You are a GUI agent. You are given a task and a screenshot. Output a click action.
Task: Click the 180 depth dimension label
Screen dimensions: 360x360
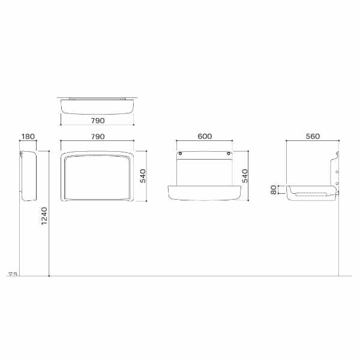tap(28, 137)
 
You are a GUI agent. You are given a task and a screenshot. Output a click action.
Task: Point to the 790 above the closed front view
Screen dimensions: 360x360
tap(97, 137)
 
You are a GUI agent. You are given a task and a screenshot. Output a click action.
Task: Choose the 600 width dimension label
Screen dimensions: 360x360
tap(204, 137)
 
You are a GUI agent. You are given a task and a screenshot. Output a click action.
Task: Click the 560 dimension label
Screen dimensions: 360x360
tap(312, 137)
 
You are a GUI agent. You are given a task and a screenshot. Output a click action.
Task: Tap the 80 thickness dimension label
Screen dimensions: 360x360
tap(274, 191)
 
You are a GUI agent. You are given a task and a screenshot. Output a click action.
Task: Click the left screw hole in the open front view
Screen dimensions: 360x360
tap(179, 155)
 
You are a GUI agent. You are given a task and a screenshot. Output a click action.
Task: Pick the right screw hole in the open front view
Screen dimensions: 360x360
tap(229, 155)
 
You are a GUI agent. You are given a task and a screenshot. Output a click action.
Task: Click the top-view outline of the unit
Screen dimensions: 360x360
tap(97, 106)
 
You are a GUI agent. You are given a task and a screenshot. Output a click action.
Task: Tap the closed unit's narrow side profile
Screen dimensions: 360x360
tap(28, 175)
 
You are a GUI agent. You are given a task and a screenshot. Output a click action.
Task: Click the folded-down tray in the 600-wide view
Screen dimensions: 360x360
tap(204, 192)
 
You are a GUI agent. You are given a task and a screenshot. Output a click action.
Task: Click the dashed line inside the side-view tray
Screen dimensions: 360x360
tap(312, 193)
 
